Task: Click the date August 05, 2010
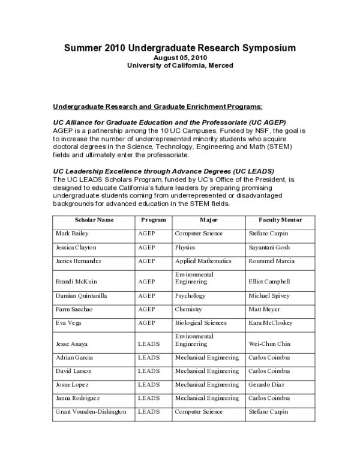(x=179, y=57)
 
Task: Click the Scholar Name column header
(x=94, y=220)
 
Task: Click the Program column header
(x=153, y=220)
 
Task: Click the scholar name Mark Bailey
(x=71, y=234)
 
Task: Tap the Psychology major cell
(x=190, y=296)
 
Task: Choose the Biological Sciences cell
(x=200, y=323)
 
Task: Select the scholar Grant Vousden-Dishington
(x=91, y=412)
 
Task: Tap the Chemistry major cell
(x=188, y=309)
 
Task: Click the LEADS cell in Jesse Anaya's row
(x=148, y=344)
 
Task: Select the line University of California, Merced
(x=180, y=65)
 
